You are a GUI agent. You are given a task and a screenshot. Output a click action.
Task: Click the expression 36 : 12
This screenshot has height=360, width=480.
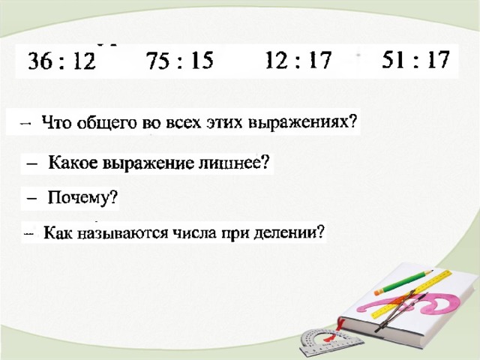coord(61,61)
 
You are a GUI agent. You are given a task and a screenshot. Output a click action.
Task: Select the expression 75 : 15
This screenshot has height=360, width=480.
coord(179,60)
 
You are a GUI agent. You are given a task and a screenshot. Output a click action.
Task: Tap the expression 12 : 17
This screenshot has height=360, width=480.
coord(298,60)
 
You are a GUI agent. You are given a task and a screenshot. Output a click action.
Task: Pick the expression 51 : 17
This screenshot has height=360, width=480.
coord(415,59)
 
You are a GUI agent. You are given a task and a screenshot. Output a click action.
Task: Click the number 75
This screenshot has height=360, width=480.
coord(157,60)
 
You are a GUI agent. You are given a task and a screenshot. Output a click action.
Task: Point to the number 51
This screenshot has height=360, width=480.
coord(393,59)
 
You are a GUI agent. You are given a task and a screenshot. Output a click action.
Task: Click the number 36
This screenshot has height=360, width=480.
coord(39,61)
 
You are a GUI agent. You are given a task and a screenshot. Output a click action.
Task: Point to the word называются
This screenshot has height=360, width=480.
coord(122,233)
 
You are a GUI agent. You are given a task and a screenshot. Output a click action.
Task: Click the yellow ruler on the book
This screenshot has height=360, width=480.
coord(412,294)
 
